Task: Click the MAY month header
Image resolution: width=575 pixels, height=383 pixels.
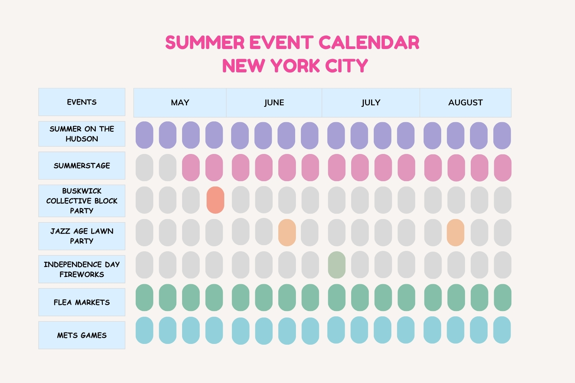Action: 180,103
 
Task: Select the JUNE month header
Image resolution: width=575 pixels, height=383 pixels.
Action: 274,103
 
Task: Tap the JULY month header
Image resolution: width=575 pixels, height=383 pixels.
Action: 371,103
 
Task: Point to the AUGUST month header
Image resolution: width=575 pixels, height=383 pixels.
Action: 466,103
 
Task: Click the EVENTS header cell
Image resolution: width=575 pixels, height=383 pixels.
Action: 82,102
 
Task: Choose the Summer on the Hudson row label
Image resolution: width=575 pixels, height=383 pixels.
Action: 82,134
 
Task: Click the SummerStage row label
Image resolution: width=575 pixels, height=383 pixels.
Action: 82,165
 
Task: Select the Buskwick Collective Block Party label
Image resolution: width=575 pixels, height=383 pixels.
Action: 82,201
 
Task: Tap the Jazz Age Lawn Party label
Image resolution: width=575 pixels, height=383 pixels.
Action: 82,236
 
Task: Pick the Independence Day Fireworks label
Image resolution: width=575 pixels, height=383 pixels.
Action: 82,269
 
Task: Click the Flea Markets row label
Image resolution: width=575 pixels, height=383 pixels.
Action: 82,302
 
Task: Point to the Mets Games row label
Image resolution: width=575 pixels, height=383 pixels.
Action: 82,335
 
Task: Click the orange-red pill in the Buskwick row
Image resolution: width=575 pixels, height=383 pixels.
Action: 215,200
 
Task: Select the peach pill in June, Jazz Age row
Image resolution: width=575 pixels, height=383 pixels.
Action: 287,233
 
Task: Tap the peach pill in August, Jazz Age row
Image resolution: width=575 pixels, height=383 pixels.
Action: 456,233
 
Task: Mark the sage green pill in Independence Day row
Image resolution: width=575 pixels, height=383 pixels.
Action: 337,265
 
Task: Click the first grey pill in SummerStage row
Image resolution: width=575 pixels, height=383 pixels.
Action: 145,167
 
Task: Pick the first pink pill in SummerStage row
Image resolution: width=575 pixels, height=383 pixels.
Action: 191,167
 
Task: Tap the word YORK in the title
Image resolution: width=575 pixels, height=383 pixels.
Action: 295,65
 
